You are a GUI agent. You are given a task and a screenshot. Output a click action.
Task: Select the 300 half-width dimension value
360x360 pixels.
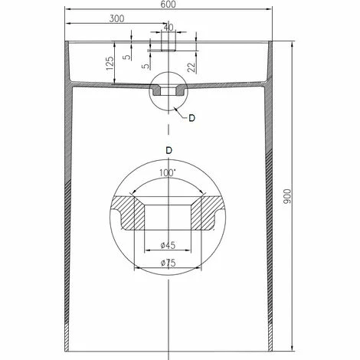[117, 18]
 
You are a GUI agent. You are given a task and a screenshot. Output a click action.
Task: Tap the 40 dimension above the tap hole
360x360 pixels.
[169, 28]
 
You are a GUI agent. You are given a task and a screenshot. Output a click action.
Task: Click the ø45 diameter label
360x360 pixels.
[167, 245]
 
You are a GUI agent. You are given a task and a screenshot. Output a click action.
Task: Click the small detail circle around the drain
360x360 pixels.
[167, 92]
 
